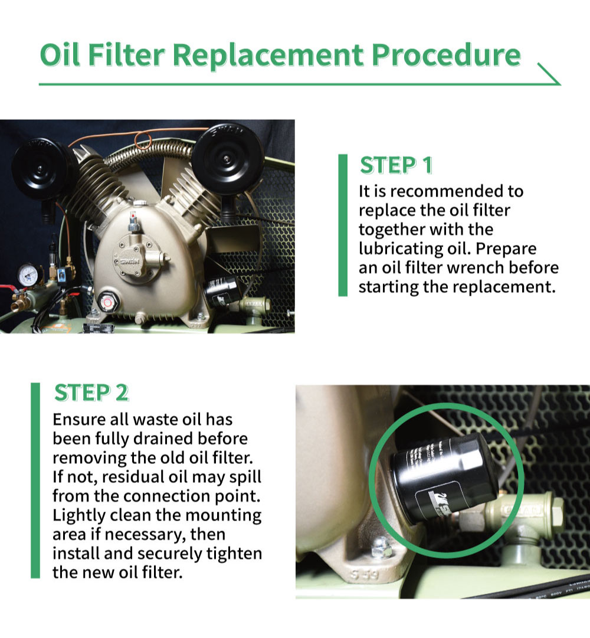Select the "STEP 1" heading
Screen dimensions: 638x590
pyautogui.click(x=396, y=166)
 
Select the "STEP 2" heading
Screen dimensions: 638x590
pyautogui.click(x=91, y=392)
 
